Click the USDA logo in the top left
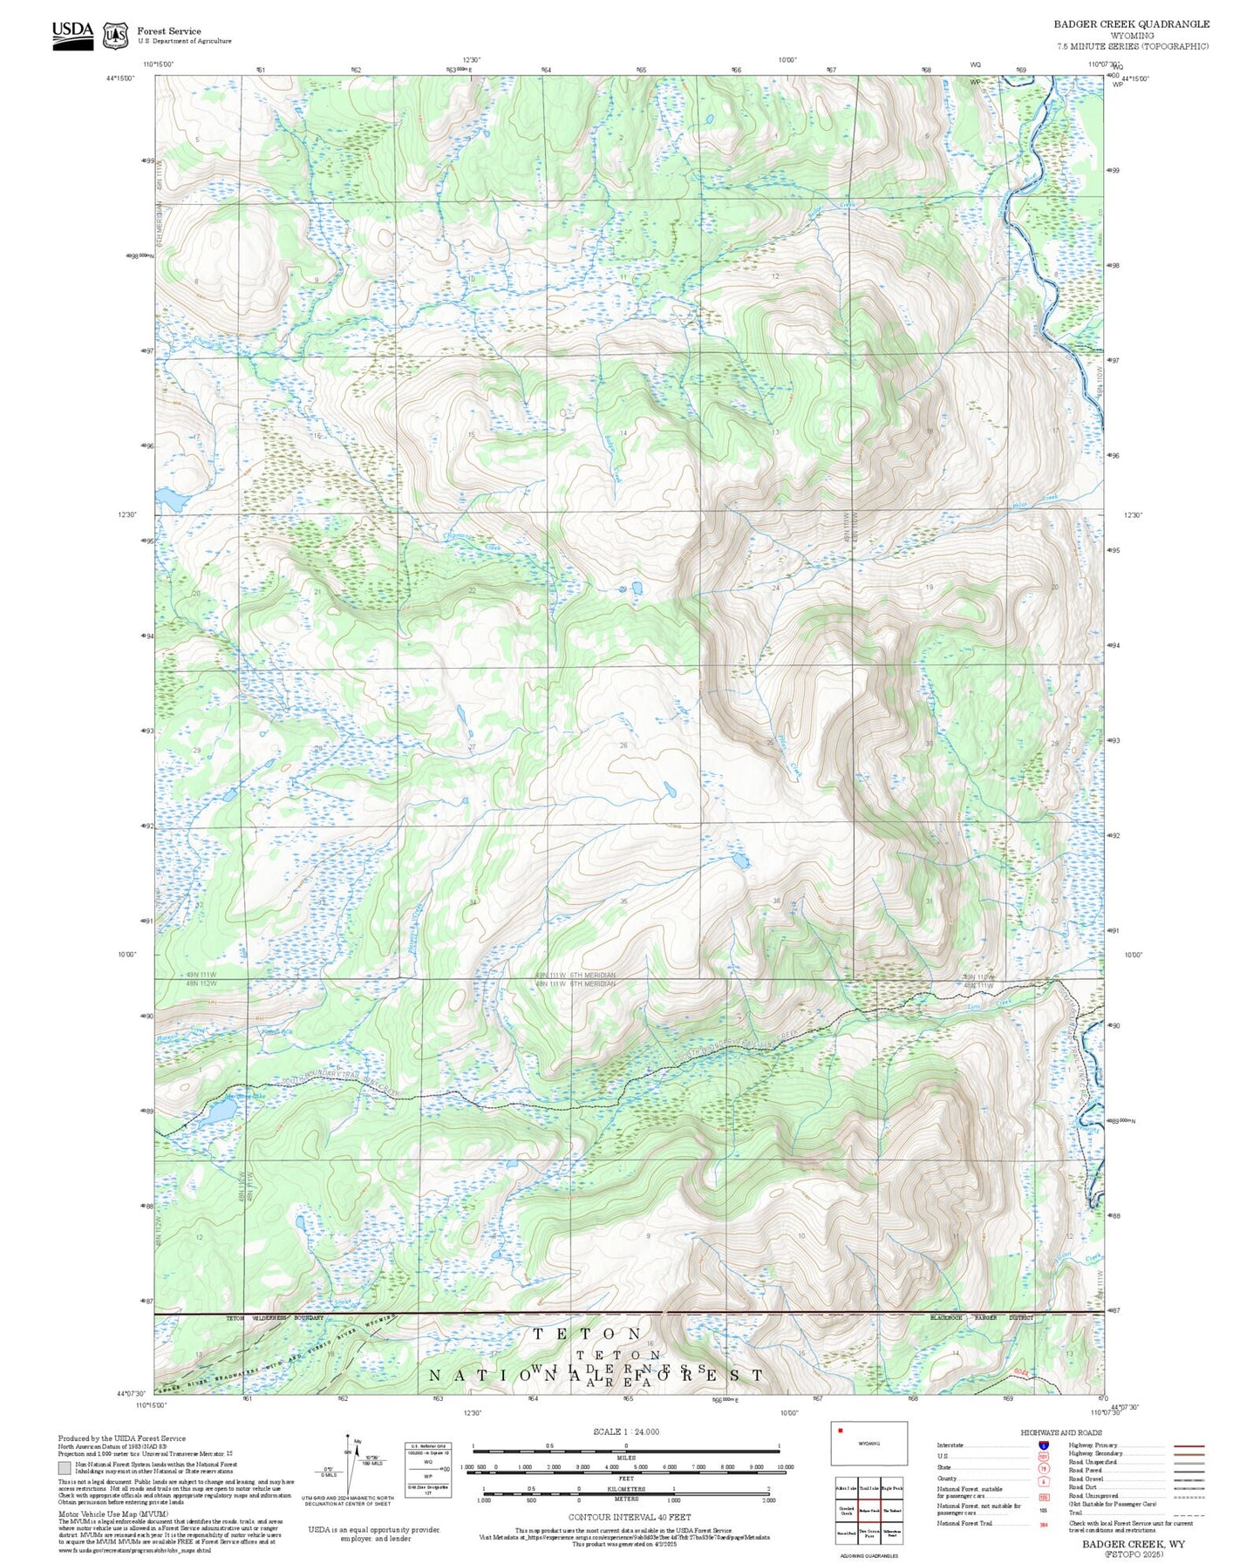(72, 35)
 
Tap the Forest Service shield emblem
(114, 36)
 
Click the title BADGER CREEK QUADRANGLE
(1131, 24)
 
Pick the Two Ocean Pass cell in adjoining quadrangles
(868, 1532)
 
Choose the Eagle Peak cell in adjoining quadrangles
(891, 1489)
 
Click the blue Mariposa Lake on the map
(221, 1110)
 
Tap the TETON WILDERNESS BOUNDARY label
(275, 1317)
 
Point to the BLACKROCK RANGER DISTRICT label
(980, 1317)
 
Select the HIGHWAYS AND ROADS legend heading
(1060, 1432)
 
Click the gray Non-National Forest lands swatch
(65, 1468)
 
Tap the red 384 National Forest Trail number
(1043, 1525)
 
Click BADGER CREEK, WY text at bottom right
(1134, 1544)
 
